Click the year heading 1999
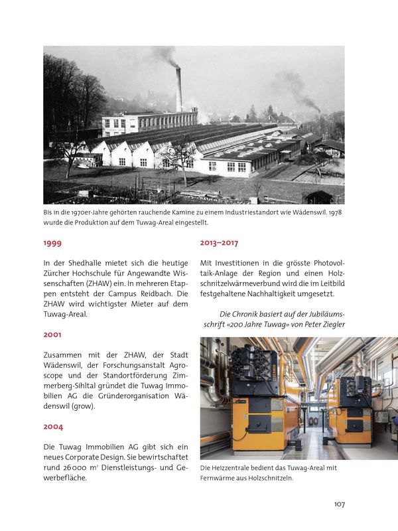click(52, 244)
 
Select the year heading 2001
click(52, 335)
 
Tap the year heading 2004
click(53, 427)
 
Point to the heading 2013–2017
click(219, 244)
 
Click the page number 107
click(339, 504)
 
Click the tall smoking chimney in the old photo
click(178, 90)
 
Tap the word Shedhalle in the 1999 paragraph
click(88, 263)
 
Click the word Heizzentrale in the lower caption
click(231, 469)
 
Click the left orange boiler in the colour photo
click(249, 412)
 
